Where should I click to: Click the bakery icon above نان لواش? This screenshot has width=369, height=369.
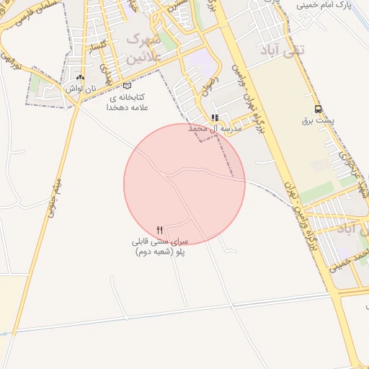pyautogui.click(x=80, y=78)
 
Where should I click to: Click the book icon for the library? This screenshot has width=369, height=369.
pyautogui.click(x=128, y=86)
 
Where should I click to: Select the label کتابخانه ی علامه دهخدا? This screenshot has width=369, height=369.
pyautogui.click(x=127, y=102)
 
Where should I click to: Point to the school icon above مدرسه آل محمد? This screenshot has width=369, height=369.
pyautogui.click(x=214, y=117)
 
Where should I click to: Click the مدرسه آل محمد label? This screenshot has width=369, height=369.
pyautogui.click(x=214, y=128)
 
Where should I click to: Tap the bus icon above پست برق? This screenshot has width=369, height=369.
pyautogui.click(x=318, y=110)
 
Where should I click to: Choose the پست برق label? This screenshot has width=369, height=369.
pyautogui.click(x=318, y=120)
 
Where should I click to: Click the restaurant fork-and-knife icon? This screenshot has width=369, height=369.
pyautogui.click(x=160, y=230)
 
